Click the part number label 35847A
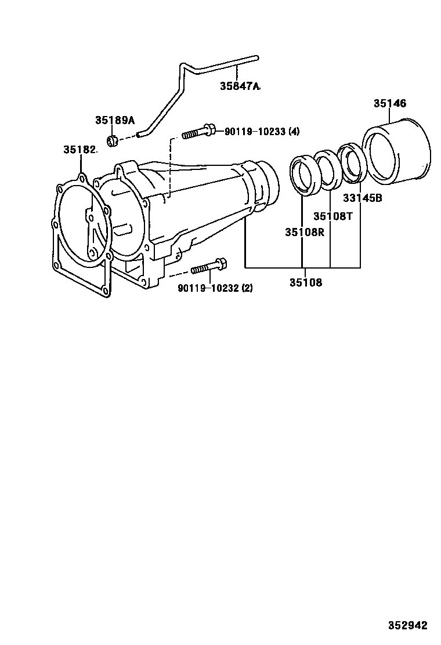[x=240, y=86]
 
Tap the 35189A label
[x=115, y=120]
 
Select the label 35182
[x=80, y=150]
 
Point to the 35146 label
[x=389, y=103]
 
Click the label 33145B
[x=363, y=198]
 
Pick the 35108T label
[x=333, y=216]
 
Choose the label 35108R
[x=305, y=233]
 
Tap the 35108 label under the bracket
[x=306, y=282]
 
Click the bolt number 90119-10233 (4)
[x=262, y=132]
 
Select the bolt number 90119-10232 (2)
[x=215, y=288]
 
